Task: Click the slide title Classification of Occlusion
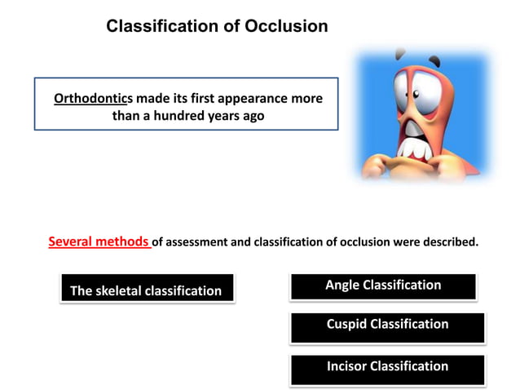point(217,26)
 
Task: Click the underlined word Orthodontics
point(93,99)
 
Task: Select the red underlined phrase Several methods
point(99,242)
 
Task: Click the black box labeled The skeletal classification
point(147,290)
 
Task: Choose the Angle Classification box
point(383,286)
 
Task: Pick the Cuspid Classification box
point(387,325)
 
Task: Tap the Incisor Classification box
point(387,366)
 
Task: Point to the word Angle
point(342,286)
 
